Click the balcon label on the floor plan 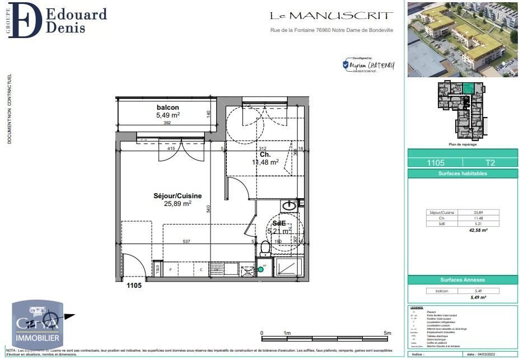[168, 107]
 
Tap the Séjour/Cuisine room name [177, 196]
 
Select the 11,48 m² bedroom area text [265, 162]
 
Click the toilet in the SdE [265, 247]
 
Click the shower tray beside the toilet [288, 268]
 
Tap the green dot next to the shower [260, 270]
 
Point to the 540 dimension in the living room [208, 209]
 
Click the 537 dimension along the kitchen [186, 242]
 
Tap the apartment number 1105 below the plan [134, 286]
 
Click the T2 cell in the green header [490, 163]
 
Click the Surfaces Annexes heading [462, 279]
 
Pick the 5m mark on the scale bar [387, 333]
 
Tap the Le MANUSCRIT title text [331, 16]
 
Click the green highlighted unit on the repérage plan [467, 87]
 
